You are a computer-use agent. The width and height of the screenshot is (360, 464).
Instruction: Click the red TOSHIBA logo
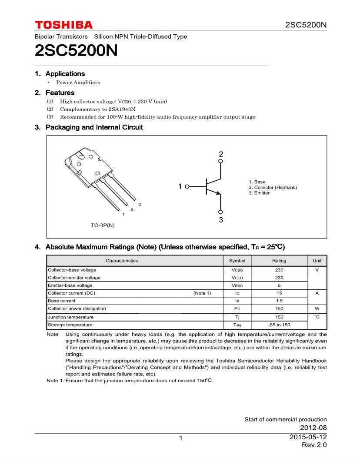point(63,25)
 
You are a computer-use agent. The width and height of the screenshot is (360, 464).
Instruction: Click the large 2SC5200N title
point(76,51)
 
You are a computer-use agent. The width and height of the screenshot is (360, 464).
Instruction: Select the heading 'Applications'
point(65,74)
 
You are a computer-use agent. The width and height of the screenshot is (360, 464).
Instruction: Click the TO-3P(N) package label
point(103,225)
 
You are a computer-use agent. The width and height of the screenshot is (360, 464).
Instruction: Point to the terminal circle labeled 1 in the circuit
point(187,187)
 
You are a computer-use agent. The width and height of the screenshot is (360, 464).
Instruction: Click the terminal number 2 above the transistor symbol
point(221,154)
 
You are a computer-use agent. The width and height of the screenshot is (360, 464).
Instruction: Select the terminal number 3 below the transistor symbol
point(221,220)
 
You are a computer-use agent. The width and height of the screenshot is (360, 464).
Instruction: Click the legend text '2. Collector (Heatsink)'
point(273,187)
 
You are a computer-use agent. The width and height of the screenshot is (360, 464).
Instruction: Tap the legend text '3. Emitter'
point(259,193)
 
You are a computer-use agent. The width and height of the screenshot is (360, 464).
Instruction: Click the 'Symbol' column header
point(237,261)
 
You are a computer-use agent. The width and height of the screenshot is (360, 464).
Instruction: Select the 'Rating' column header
point(279,261)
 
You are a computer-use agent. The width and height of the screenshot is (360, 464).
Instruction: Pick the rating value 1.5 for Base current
point(279,301)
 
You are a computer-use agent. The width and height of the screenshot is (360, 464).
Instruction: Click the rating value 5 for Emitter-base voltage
point(279,285)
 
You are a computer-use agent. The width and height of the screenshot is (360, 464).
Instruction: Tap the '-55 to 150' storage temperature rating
point(279,325)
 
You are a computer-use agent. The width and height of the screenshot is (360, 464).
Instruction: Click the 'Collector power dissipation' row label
point(77,308)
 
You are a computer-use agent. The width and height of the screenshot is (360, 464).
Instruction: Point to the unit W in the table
point(317,308)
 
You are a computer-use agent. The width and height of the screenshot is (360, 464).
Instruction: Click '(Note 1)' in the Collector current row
point(202,293)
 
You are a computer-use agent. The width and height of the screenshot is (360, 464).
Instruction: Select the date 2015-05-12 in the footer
point(308,437)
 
